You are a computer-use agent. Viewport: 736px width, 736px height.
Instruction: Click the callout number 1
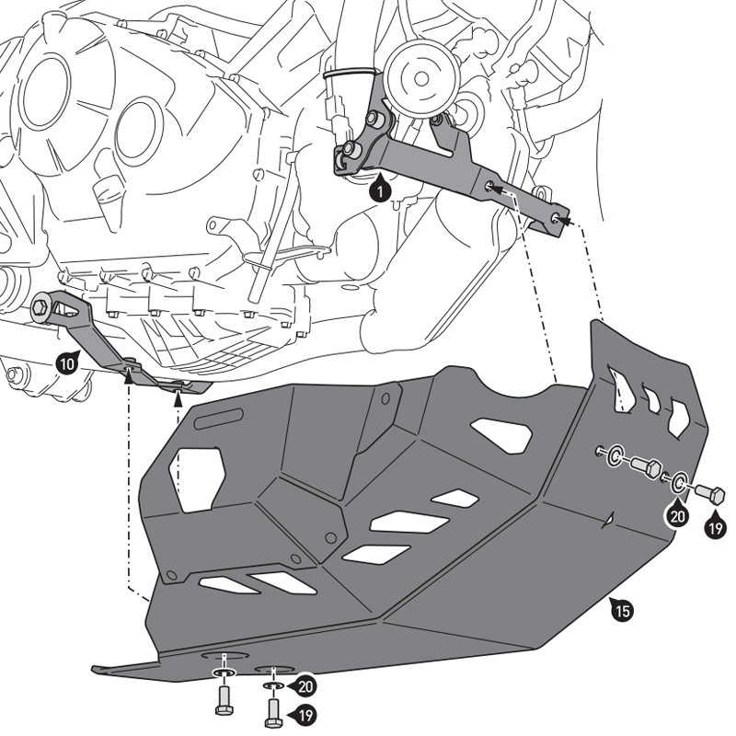click(376, 190)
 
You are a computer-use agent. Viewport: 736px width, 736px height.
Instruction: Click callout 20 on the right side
click(677, 516)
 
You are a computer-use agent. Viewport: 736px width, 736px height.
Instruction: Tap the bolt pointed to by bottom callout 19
click(271, 709)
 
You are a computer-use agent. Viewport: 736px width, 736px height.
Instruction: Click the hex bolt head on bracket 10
click(41, 308)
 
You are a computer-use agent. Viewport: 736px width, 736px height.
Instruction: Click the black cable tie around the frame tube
click(349, 70)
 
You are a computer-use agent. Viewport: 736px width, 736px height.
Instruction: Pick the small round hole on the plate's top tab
click(386, 397)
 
